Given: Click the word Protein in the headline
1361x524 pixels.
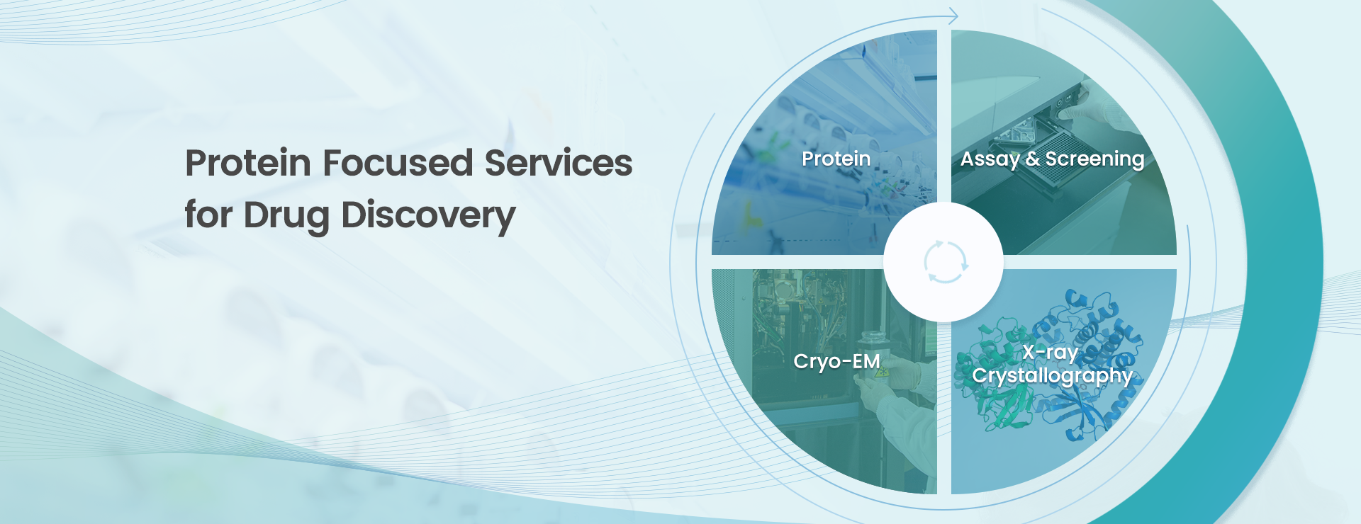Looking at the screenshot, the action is (248, 163).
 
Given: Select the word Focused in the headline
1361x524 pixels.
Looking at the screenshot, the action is (398, 163).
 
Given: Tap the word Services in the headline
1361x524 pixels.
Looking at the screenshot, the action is (559, 163).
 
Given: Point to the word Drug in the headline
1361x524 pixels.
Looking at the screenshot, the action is (286, 216).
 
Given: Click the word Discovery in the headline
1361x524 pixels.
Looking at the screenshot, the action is (428, 216).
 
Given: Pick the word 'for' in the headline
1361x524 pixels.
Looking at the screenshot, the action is (208, 215).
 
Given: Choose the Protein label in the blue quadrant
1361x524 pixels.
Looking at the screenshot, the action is (836, 159).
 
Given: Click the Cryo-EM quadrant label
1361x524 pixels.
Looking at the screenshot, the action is (836, 361).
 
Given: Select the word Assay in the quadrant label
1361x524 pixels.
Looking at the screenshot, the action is (990, 160).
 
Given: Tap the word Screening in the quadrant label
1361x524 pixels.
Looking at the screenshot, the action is (1094, 160).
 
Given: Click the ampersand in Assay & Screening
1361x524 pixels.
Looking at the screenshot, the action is (1032, 159).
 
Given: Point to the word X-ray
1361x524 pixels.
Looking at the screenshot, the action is (1050, 353).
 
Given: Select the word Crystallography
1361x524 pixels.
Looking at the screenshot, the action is (1052, 376).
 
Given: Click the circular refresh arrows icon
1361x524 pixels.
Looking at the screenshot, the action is (946, 261).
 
